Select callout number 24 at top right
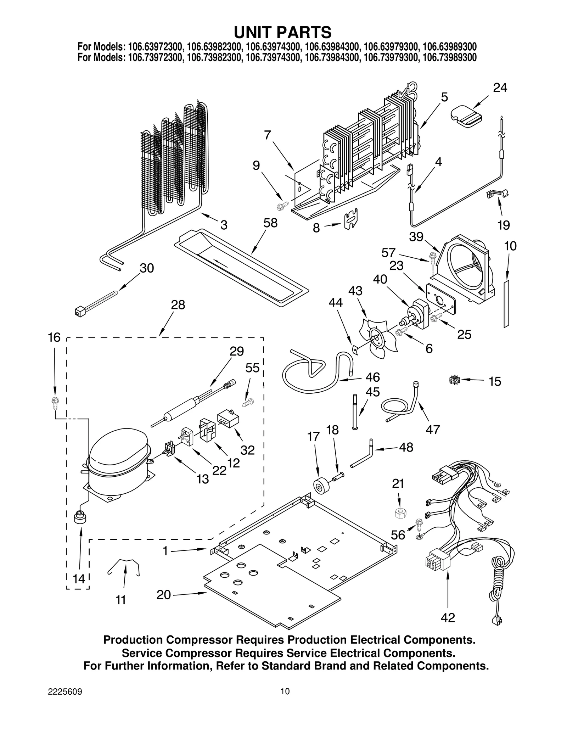tap(500, 88)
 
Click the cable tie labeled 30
tap(96, 302)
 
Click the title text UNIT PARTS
tap(282, 32)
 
